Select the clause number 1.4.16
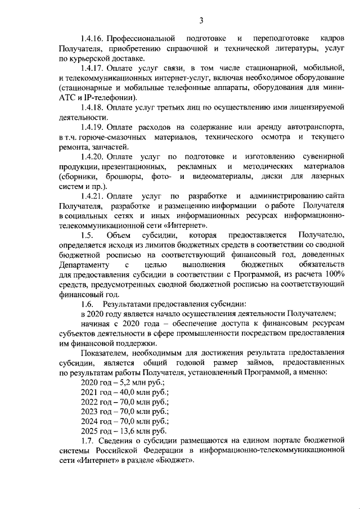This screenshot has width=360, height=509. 93,38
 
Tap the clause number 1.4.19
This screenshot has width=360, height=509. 93,128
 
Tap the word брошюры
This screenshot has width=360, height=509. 125,177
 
